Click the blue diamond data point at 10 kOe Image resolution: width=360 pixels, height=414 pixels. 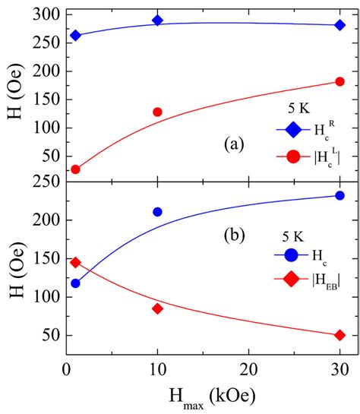point(157,20)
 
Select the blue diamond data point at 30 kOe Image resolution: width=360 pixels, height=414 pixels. point(339,25)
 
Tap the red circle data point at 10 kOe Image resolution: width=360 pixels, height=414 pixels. point(157,112)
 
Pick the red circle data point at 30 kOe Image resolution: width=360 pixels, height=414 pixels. point(339,82)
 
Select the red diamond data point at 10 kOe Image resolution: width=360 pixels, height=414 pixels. point(157,308)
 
